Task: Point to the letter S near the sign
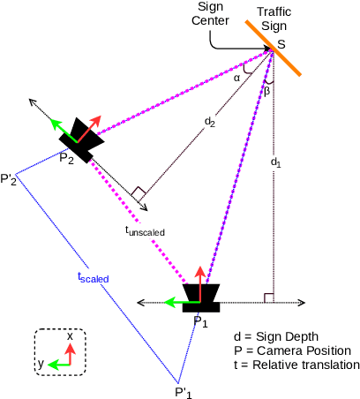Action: point(281,43)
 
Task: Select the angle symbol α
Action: point(236,77)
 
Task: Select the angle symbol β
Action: point(269,89)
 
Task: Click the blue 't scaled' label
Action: point(93,276)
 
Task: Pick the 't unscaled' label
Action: point(145,230)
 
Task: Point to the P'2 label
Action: point(10,180)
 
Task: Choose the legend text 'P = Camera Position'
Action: point(289,350)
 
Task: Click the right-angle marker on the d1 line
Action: point(268,297)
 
